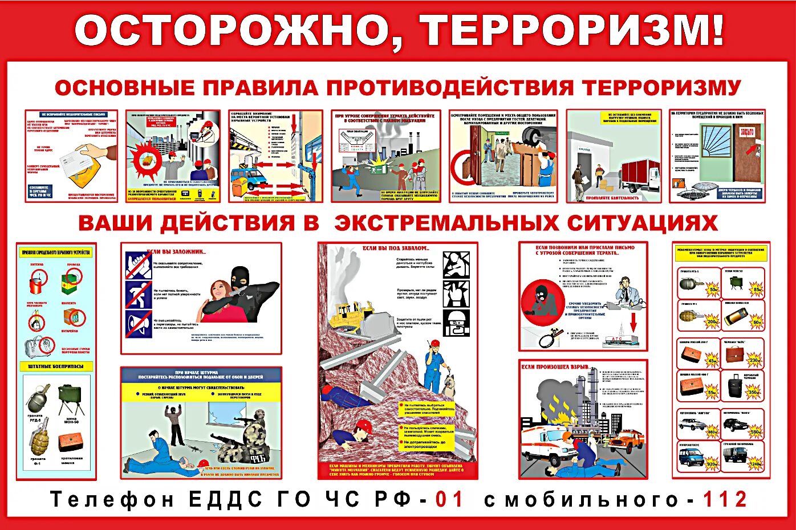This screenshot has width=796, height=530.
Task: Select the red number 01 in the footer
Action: pos(450,499)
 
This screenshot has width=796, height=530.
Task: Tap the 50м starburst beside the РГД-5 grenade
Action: pos(713,290)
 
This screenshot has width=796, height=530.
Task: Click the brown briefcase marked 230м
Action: pos(736,354)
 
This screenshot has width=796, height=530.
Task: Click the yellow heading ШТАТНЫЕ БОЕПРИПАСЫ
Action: pos(56,366)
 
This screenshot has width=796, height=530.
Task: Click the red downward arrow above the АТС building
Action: pos(633,323)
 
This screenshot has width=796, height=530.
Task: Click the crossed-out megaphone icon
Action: pos(139,324)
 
